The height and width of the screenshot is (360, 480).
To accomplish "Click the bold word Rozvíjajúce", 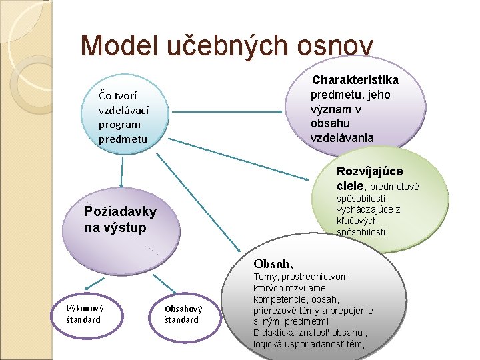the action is click(369, 171).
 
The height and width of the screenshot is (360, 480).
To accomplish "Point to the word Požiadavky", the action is click(120, 212).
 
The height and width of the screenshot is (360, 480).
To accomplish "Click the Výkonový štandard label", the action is click(84, 313).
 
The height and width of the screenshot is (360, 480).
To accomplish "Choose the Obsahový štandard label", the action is click(183, 313).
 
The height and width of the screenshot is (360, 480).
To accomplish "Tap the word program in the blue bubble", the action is click(119, 124).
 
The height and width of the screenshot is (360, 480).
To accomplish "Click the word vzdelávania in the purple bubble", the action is click(342, 138).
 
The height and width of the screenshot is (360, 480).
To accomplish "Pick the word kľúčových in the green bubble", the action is click(357, 221).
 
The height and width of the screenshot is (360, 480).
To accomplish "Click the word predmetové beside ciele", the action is click(394, 187).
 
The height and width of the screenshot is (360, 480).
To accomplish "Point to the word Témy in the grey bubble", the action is click(265, 276).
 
